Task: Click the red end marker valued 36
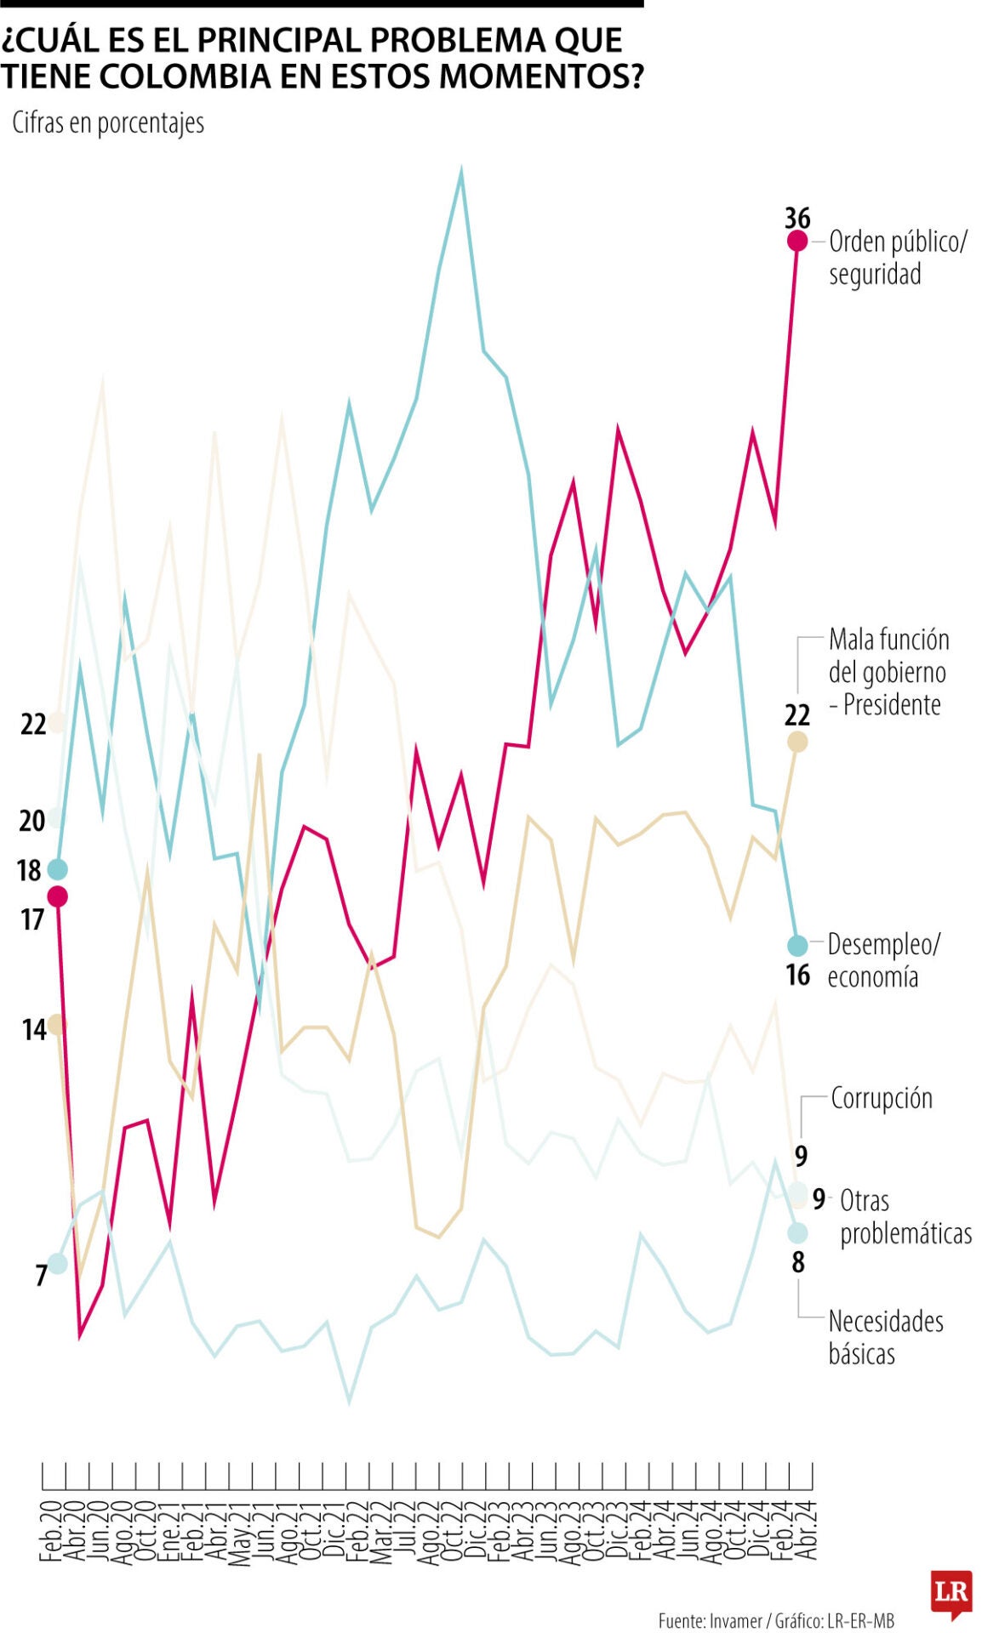pos(796,241)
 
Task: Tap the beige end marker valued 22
pos(796,742)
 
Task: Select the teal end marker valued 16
pos(796,945)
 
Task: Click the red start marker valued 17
pos(57,896)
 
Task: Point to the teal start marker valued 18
pos(57,868)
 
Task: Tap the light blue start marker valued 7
pos(57,1263)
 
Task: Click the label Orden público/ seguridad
pos(897,258)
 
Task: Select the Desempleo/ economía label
pos(883,960)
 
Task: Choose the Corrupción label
pos(882,1098)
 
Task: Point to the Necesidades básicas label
pos(885,1337)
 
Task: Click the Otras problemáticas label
pos(905,1217)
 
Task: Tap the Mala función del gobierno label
pos(888,672)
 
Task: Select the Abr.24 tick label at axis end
pos(808,1531)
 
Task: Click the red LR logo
pos(951,1592)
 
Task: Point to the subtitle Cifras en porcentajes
pos(108,123)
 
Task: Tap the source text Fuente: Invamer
pos(710,1620)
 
